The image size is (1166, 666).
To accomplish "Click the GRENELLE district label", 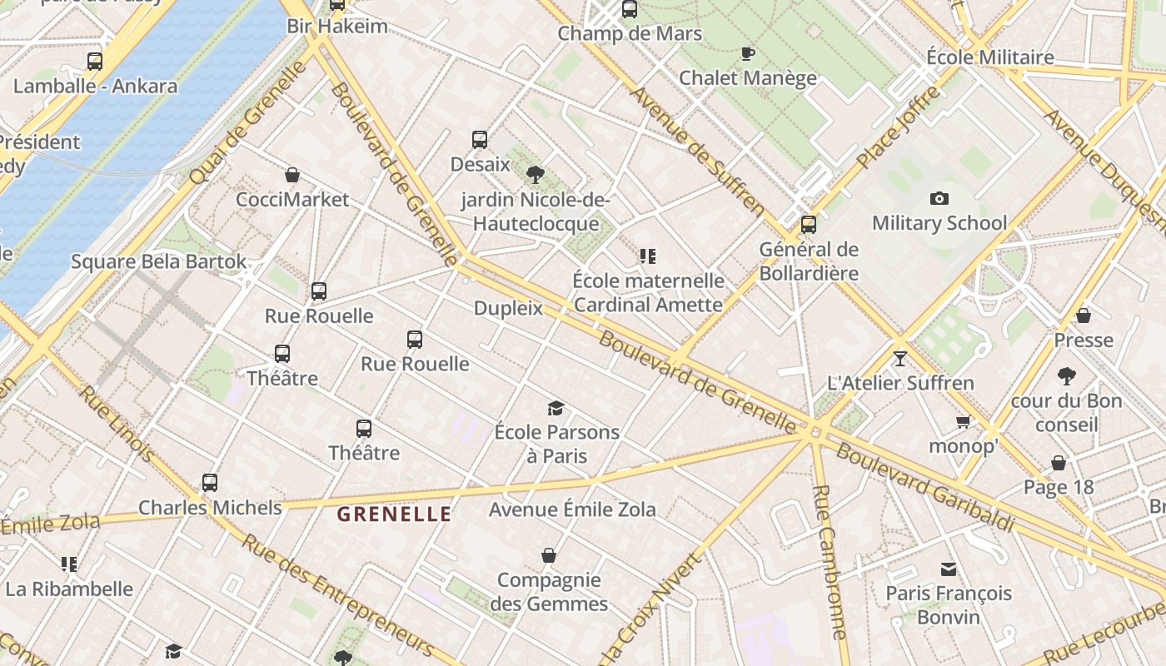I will pyautogui.click(x=394, y=514).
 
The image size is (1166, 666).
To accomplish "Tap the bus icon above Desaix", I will pyautogui.click(x=480, y=140).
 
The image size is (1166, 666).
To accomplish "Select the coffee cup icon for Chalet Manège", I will pyautogui.click(x=748, y=54).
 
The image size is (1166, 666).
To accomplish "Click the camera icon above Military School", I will pyautogui.click(x=939, y=198).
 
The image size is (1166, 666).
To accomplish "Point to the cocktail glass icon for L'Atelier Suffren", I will pyautogui.click(x=899, y=359).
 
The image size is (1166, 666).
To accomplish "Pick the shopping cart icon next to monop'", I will pyautogui.click(x=964, y=421).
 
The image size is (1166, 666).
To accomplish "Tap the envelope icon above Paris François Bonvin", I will pyautogui.click(x=948, y=569).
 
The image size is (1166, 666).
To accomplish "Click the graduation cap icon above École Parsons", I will pyautogui.click(x=556, y=408).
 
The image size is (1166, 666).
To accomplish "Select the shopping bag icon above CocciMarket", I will pyautogui.click(x=292, y=175).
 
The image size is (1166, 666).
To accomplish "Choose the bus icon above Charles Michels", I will pyautogui.click(x=210, y=483).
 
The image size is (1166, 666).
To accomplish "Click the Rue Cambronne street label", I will pyautogui.click(x=830, y=562).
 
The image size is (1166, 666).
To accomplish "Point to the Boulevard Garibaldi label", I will pyautogui.click(x=925, y=488).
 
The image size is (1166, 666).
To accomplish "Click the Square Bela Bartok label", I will pyautogui.click(x=158, y=261).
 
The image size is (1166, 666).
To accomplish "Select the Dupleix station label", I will pyautogui.click(x=508, y=308).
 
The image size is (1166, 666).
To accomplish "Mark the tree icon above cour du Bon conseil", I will pyautogui.click(x=1066, y=376).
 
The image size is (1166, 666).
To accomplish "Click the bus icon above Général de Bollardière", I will pyautogui.click(x=808, y=225).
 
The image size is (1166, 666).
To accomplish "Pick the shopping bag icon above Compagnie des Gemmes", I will pyautogui.click(x=549, y=555).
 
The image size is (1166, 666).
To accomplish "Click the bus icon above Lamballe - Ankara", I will pyautogui.click(x=95, y=61).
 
